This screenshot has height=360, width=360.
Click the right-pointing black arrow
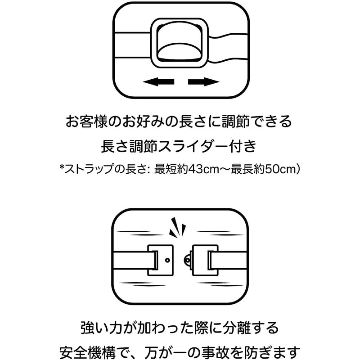[x=203, y=81]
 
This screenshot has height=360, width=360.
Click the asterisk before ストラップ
[x=62, y=168]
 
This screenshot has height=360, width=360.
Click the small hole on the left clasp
[x=166, y=260]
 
